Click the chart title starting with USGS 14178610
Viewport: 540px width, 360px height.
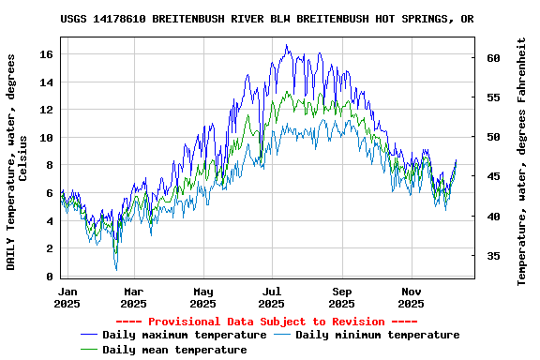click(266, 19)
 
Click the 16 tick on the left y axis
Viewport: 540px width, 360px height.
click(46, 54)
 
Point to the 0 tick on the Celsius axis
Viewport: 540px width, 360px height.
click(50, 277)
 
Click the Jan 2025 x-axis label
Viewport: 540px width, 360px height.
click(67, 297)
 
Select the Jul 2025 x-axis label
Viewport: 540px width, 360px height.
click(272, 297)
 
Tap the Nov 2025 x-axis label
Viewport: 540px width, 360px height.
click(411, 297)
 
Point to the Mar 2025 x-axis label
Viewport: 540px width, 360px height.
click(134, 297)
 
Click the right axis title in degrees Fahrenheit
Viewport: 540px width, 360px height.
click(522, 161)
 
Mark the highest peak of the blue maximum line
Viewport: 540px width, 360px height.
click(287, 45)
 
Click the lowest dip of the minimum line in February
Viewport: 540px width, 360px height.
click(116, 269)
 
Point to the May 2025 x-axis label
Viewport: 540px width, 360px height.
click(202, 297)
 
